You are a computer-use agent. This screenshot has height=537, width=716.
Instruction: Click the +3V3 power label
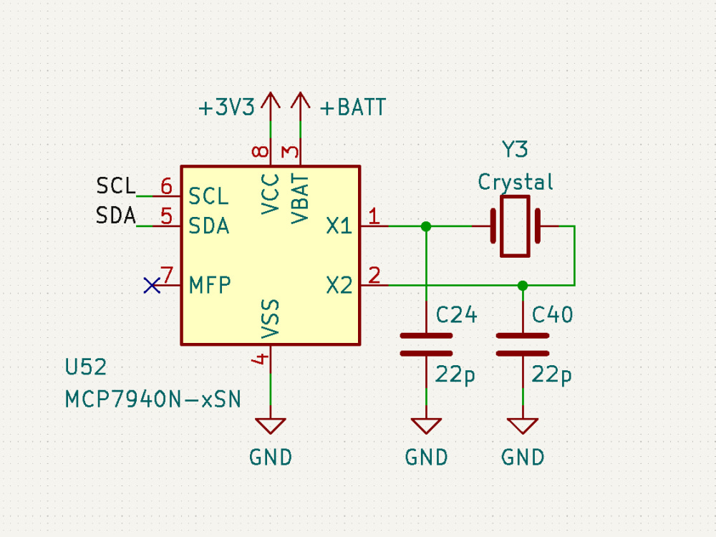pos(226,108)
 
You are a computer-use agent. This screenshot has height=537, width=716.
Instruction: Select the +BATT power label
pos(352,108)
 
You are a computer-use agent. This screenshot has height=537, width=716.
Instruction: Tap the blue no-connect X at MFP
pos(152,286)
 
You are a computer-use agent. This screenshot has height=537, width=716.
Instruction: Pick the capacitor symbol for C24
pos(426,344)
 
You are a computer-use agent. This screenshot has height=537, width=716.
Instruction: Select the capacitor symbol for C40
pos(523,344)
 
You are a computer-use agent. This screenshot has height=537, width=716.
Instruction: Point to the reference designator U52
pos(85,368)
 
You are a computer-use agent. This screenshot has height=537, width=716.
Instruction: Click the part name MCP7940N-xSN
pos(153,399)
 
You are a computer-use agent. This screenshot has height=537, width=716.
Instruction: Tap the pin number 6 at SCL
pos(166,187)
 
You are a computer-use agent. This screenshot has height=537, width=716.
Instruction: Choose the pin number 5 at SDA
pos(166,216)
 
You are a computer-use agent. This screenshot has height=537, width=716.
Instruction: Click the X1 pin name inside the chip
pos(339,227)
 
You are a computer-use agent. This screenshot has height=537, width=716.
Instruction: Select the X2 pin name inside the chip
pos(339,286)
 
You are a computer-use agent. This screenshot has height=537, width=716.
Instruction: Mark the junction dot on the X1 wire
pos(426,226)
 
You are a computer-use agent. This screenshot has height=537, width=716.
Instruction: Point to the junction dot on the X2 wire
pos(523,286)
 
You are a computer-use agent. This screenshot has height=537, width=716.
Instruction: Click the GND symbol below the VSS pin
pos(271,426)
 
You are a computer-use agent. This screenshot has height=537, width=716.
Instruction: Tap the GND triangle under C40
pos(523,426)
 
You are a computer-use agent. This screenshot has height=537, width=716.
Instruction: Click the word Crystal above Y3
pos(516,182)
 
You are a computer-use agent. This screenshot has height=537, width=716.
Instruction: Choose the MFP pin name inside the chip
pos(210,286)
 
